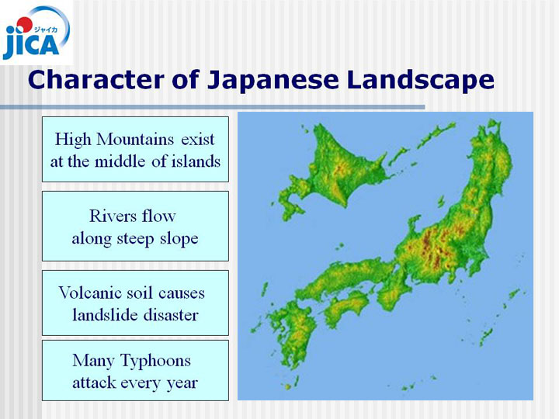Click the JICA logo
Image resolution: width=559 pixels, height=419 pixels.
pos(36,33)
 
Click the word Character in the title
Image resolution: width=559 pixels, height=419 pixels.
pos(96,79)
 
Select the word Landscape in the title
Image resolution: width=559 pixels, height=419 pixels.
pos(420,80)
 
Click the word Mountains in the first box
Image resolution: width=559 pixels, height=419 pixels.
pos(135,140)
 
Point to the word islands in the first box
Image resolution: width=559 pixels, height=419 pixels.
pos(196,161)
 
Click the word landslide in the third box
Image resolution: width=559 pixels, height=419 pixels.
pos(100,315)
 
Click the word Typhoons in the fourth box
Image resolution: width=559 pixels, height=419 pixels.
pos(155,361)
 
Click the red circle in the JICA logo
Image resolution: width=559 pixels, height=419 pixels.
pos(24,25)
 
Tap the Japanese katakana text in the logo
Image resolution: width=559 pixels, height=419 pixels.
pos(45,30)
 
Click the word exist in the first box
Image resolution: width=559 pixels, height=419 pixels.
pos(198,140)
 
